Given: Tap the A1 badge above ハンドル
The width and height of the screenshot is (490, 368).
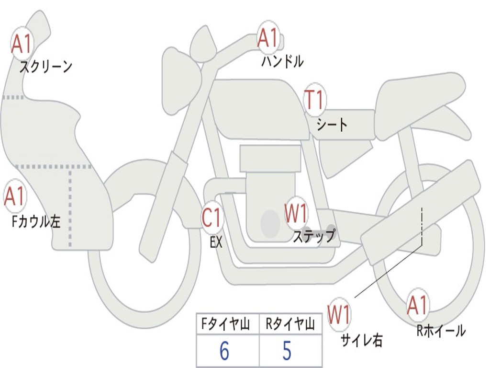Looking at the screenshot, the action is pyautogui.click(x=268, y=38).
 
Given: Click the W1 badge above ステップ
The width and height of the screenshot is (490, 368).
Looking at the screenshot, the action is pyautogui.click(x=296, y=214).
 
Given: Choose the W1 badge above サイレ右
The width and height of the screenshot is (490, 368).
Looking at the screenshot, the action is pyautogui.click(x=339, y=315).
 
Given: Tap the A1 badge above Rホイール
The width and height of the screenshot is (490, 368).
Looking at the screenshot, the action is pyautogui.click(x=417, y=305).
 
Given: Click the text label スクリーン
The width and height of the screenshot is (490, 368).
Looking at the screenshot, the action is pyautogui.click(x=45, y=67).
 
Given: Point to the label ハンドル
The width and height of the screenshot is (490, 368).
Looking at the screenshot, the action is pyautogui.click(x=282, y=61).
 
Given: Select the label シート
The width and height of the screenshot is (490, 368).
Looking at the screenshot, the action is pyautogui.click(x=332, y=125).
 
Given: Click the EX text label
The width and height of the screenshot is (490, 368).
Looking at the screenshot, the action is pyautogui.click(x=216, y=242).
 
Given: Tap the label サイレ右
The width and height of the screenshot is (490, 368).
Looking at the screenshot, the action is pyautogui.click(x=362, y=340).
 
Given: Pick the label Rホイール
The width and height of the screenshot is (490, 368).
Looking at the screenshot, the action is pyautogui.click(x=441, y=331).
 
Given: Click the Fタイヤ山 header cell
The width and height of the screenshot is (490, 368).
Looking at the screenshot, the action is pyautogui.click(x=227, y=325).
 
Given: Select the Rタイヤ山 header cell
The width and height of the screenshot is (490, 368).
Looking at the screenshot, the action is pyautogui.click(x=290, y=325).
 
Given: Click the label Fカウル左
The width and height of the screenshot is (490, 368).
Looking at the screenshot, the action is pyautogui.click(x=36, y=221).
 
